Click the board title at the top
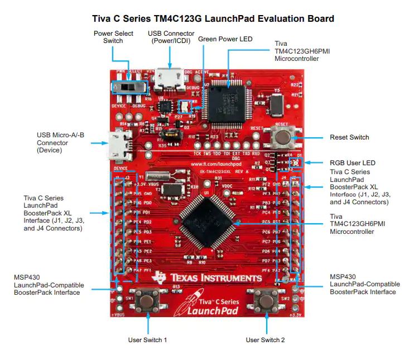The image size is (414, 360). coord(213,19)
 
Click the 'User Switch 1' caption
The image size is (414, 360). coord(148,340)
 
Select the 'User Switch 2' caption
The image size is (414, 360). coord(266,340)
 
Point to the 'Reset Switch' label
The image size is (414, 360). coord(349,137)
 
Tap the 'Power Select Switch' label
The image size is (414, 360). coord(113,37)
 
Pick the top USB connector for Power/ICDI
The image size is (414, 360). coord(168,78)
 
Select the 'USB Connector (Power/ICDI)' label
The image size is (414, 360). coord(171,37)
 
